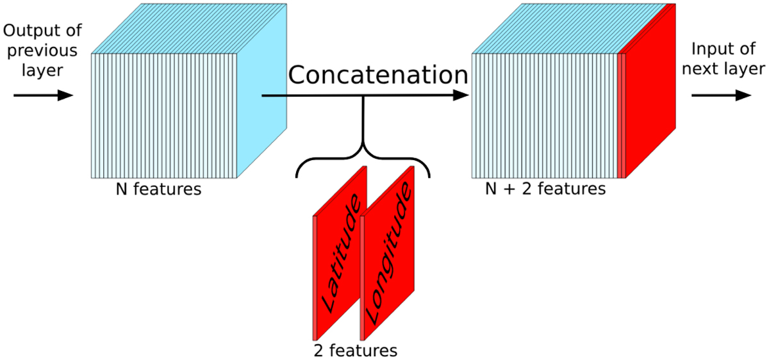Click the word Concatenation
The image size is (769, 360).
377,75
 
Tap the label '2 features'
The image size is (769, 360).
355,350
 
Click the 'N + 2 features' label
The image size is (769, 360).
545,190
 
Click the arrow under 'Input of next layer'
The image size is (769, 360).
720,95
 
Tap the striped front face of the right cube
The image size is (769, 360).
545,115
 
